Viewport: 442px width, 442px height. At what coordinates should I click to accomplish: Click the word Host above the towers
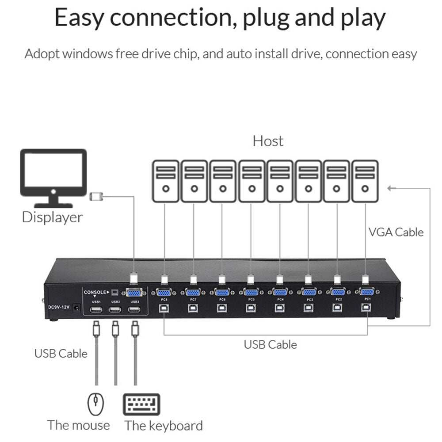pyautogui.click(x=268, y=141)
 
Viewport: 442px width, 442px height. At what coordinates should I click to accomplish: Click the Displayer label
pyautogui.click(x=52, y=217)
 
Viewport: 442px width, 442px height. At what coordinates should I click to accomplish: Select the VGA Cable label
pyautogui.click(x=396, y=232)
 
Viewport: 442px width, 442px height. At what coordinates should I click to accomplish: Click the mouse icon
pyautogui.click(x=96, y=404)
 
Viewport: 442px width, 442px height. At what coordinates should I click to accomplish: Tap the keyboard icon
pyautogui.click(x=141, y=404)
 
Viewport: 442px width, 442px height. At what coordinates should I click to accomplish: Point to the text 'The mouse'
pyautogui.click(x=79, y=425)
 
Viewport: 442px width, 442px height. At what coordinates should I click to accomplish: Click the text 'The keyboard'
pyautogui.click(x=164, y=426)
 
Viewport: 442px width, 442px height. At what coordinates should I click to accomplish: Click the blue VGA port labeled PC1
pyautogui.click(x=366, y=291)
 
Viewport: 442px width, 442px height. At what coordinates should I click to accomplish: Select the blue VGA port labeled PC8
pyautogui.click(x=164, y=292)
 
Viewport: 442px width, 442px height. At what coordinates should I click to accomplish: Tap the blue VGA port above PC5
pyautogui.click(x=251, y=292)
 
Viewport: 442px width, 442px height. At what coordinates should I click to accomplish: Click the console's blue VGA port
pyautogui.click(x=134, y=292)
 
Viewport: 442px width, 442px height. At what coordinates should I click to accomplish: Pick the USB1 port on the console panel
pyautogui.click(x=96, y=309)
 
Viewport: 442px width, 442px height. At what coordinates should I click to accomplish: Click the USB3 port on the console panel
pyautogui.click(x=134, y=309)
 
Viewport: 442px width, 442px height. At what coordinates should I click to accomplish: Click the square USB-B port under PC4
pyautogui.click(x=280, y=308)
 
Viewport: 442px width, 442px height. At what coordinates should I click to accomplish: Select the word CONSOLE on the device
pyautogui.click(x=95, y=292)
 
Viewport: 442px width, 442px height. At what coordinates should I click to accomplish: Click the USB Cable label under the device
pyautogui.click(x=270, y=344)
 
